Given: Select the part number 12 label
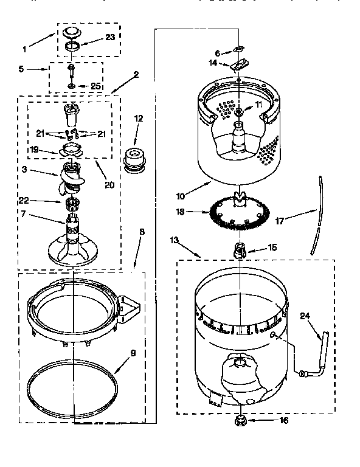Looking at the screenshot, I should point(139,119).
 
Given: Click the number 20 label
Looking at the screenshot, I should point(109,185).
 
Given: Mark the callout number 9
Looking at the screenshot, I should point(133,353).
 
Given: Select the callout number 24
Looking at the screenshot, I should point(305,316).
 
